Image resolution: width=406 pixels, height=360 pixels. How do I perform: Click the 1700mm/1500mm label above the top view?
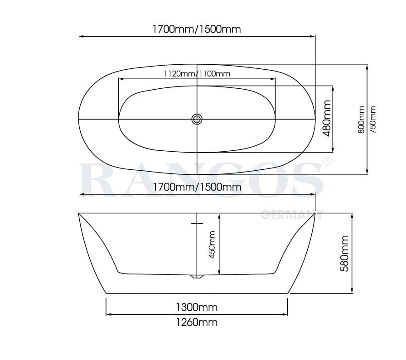[x=196, y=29]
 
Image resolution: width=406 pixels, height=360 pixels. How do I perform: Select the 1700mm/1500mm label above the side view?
[x=196, y=187]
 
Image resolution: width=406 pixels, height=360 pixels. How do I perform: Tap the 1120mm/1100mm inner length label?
[x=197, y=73]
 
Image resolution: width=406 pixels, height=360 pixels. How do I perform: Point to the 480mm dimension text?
[x=326, y=119]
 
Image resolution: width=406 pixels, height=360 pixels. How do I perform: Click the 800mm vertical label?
[x=361, y=119]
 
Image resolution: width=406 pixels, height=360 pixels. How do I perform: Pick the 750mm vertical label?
[x=373, y=119]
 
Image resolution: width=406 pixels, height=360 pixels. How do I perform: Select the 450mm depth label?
[x=212, y=245]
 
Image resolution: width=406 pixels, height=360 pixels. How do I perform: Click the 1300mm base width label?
[x=197, y=307]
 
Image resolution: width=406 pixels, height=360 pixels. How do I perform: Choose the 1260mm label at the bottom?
[x=197, y=322]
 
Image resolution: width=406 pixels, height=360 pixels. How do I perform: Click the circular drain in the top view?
[x=197, y=119]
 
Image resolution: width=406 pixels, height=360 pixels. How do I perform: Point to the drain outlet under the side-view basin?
[x=197, y=276]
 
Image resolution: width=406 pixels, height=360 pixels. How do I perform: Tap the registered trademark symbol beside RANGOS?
[x=326, y=161]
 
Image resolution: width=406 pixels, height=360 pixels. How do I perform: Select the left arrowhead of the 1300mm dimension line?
[x=108, y=314]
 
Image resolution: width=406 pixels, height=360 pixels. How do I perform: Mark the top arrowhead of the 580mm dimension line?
[x=352, y=215]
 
